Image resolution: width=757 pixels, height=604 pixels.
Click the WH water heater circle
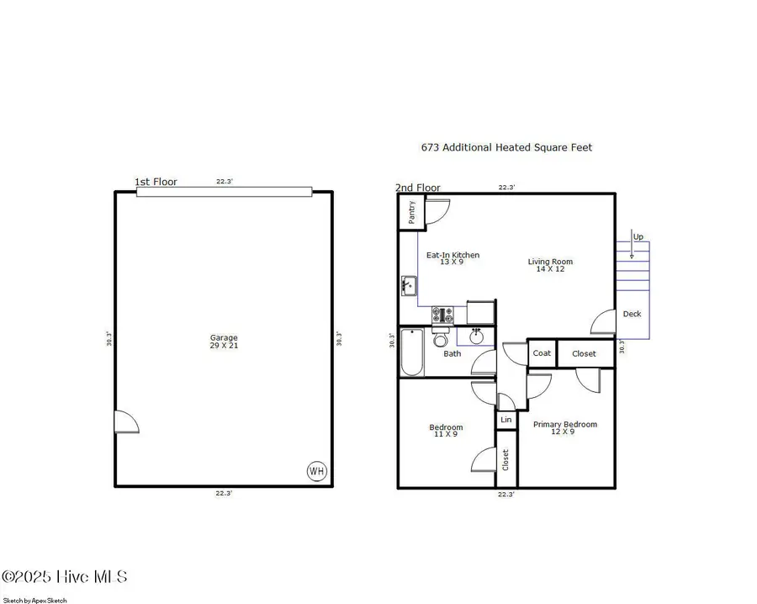pyautogui.click(x=316, y=471)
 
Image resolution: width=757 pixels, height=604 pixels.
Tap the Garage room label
pyautogui.click(x=224, y=342)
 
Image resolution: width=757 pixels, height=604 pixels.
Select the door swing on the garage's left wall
pyautogui.click(x=126, y=421)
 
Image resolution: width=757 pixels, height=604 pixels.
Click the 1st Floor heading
pyautogui.click(x=156, y=182)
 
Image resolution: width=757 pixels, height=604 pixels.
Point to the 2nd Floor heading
pyautogui.click(x=418, y=188)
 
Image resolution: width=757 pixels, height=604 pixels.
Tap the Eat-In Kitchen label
pyautogui.click(x=453, y=257)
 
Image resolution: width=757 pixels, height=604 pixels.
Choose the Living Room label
pyautogui.click(x=550, y=265)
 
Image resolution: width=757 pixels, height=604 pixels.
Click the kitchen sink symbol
pyautogui.click(x=410, y=286)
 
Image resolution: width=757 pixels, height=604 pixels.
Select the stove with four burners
pyautogui.click(x=442, y=315)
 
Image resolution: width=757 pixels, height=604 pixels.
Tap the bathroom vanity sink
pyautogui.click(x=476, y=336)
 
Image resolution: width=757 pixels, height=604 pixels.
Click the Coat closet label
pyautogui.click(x=542, y=353)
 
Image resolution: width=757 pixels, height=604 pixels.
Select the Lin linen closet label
pyautogui.click(x=506, y=420)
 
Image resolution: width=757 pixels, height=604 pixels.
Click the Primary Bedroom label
pyautogui.click(x=564, y=427)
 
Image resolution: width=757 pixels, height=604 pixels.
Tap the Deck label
pyautogui.click(x=632, y=314)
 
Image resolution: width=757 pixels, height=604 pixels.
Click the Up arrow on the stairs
pyautogui.click(x=633, y=245)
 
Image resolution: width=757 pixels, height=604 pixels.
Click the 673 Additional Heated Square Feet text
pyautogui.click(x=506, y=147)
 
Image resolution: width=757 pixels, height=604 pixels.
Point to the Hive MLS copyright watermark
pyautogui.click(x=65, y=577)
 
